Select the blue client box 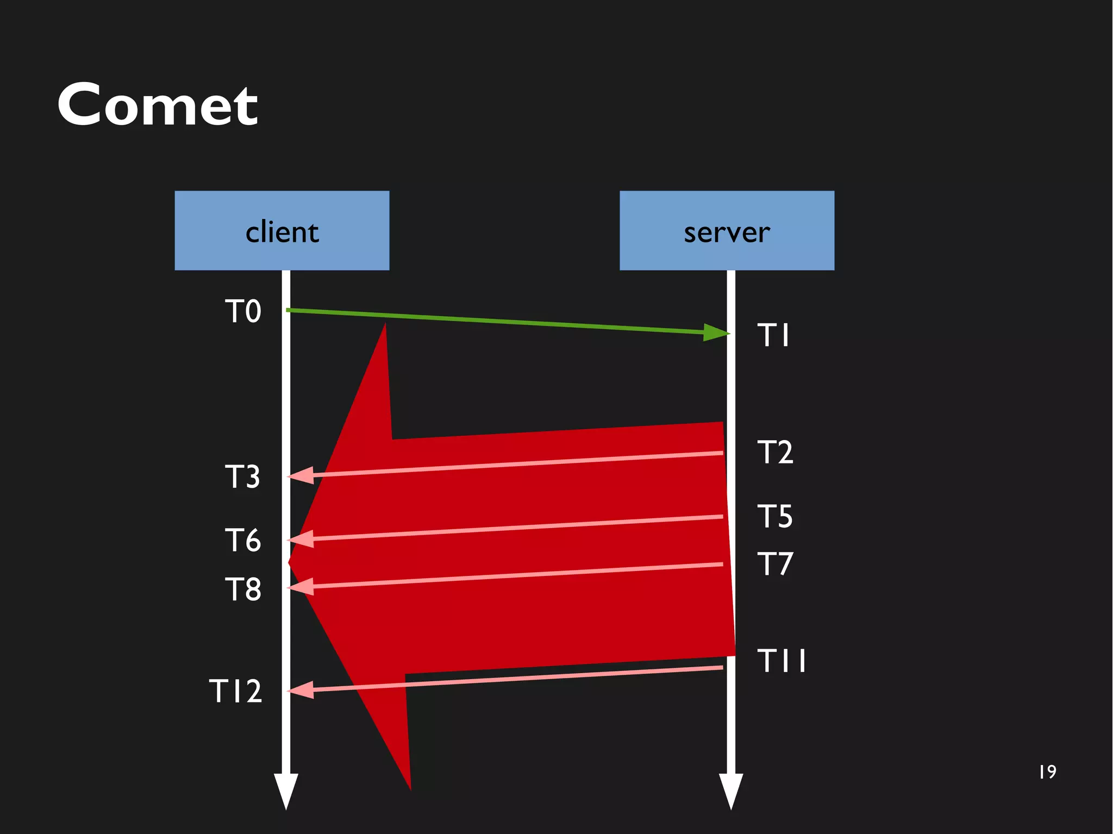point(282,230)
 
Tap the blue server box point(727,230)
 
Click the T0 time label point(243,311)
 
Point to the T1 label point(773,335)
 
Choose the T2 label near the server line point(775,452)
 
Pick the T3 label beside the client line point(242,476)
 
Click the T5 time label point(775,516)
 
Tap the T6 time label point(243,540)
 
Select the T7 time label point(775,563)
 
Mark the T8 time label point(243,589)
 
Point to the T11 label point(781,661)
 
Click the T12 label point(235,691)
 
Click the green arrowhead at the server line point(716,332)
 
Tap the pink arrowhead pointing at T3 point(301,475)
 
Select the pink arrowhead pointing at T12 point(301,690)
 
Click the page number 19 point(1047,772)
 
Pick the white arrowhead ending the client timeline point(286,791)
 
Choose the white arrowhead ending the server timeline point(731,791)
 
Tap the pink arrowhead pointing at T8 point(301,587)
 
